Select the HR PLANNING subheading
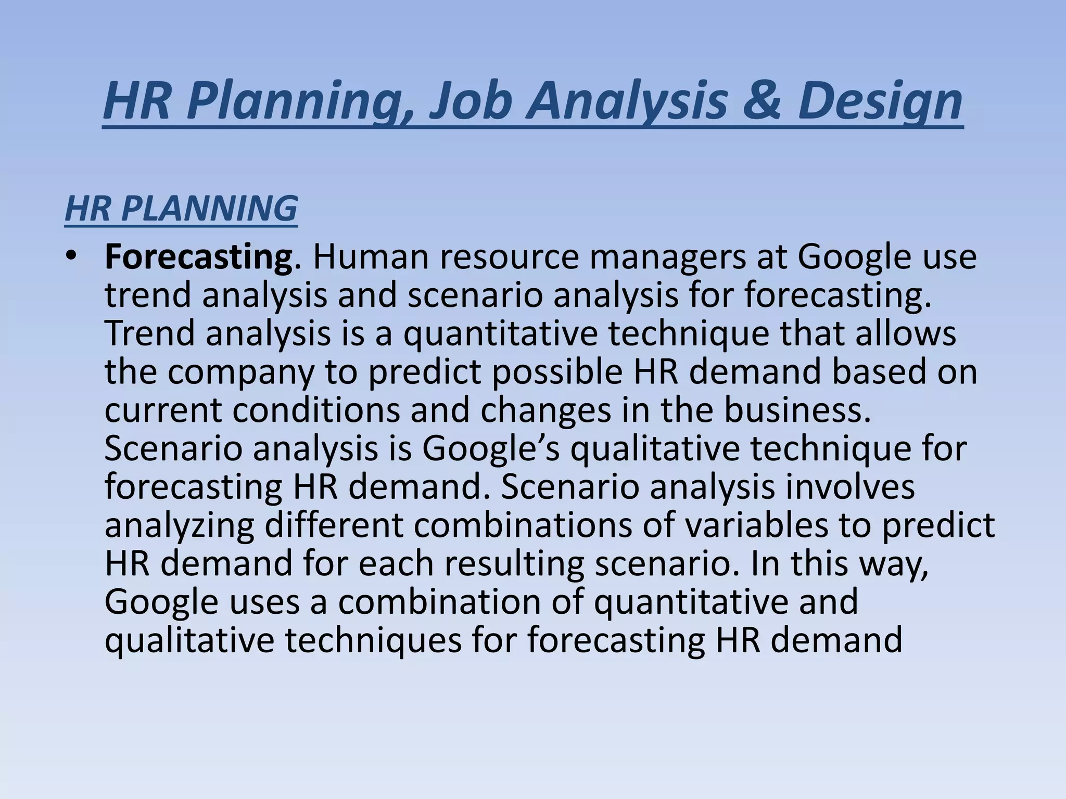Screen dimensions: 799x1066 pyautogui.click(x=181, y=209)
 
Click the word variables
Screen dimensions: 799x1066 pyautogui.click(x=756, y=525)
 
